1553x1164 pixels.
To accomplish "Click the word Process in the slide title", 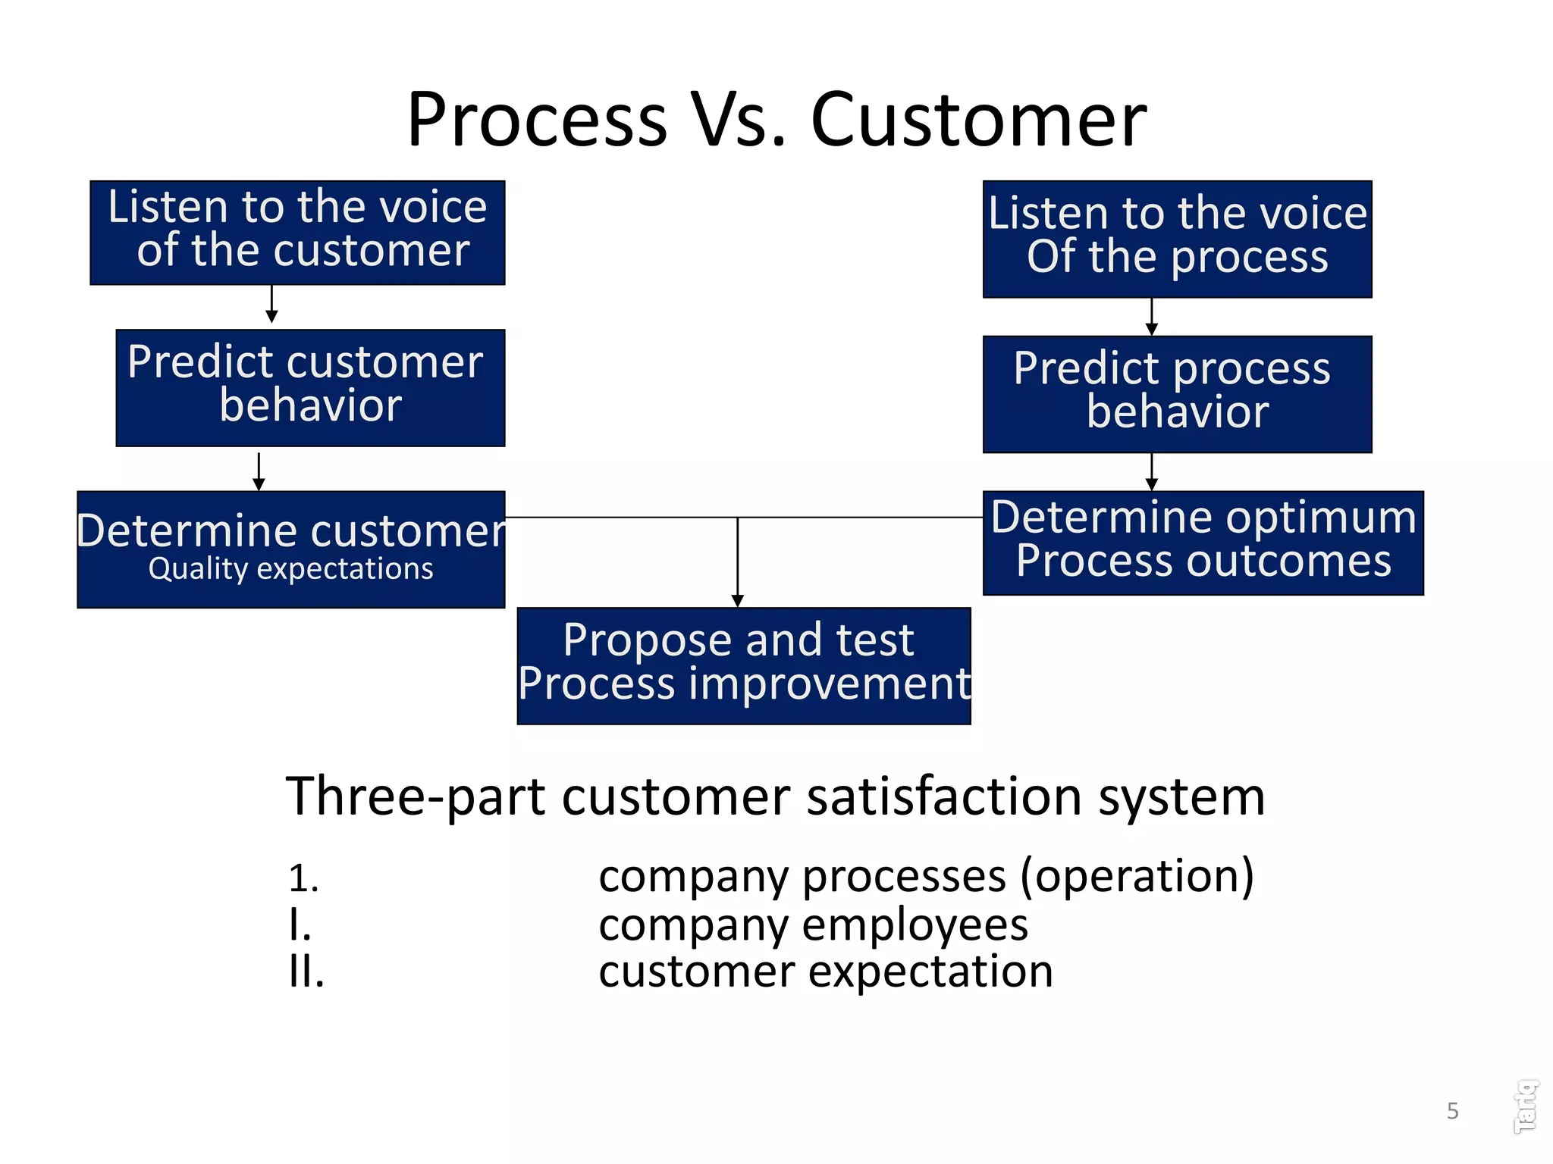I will click(537, 120).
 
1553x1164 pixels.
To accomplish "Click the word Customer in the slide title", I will click(978, 120).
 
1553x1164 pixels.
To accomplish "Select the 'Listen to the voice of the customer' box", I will click(297, 233).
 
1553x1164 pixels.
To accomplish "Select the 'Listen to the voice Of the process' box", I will click(1177, 239).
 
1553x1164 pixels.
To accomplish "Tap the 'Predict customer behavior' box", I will click(310, 387).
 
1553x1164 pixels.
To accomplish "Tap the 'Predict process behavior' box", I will click(1177, 394).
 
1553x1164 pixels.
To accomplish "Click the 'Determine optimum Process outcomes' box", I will click(1203, 543).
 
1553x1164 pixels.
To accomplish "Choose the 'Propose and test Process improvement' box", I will click(743, 665).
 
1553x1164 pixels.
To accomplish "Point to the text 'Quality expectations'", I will click(290, 569).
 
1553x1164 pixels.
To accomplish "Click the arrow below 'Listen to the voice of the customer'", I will click(271, 304).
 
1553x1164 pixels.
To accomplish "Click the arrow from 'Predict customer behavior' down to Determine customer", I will click(259, 471).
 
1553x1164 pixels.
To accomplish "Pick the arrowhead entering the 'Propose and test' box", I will click(737, 600).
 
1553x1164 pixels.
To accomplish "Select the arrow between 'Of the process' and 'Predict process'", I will click(1151, 317).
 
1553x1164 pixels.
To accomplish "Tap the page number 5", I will click(1452, 1111).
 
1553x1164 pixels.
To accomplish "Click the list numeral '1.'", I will click(303, 879).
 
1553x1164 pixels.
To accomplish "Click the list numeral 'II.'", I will click(306, 972).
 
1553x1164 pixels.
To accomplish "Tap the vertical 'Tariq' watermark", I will click(1526, 1106).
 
